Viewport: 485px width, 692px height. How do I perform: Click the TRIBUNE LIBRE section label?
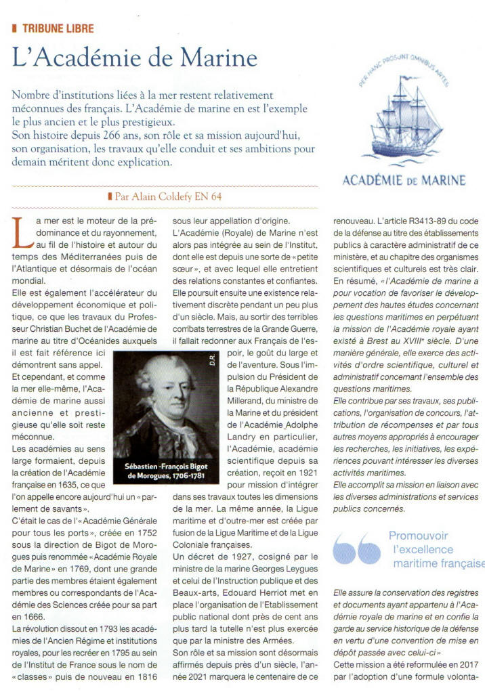(58, 28)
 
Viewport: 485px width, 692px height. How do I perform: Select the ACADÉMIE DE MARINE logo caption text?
(404, 180)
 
